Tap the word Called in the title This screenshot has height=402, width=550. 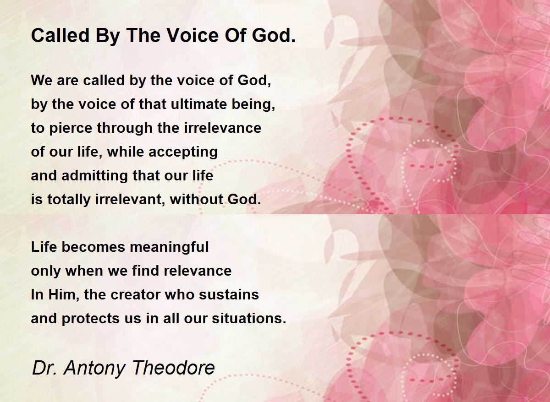coord(60,35)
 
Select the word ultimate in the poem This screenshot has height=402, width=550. coord(199,104)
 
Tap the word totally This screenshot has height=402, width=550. coord(69,200)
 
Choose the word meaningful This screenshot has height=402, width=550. coord(169,248)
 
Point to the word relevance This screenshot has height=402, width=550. coord(198,271)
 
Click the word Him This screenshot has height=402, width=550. coord(63,294)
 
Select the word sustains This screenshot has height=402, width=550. coord(229,294)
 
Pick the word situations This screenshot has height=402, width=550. coord(249,319)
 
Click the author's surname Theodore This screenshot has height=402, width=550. coord(174,368)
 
